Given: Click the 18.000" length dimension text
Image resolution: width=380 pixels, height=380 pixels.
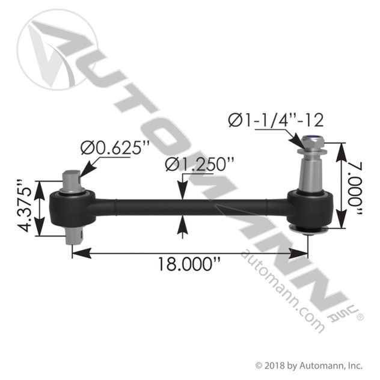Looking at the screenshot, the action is [x=189, y=264].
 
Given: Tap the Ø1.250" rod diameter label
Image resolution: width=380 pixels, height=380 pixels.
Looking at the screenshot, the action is [x=200, y=164].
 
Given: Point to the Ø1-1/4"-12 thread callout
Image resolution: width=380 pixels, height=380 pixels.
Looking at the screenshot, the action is [x=276, y=120].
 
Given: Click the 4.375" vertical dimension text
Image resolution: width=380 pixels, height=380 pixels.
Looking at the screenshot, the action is [x=25, y=206].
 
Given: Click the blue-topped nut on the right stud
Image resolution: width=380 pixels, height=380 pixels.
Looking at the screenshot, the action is [x=311, y=142].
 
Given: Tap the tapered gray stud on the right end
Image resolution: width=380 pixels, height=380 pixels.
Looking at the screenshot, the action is [x=311, y=172].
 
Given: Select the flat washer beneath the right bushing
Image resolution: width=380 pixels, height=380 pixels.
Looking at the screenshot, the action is [x=309, y=230].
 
